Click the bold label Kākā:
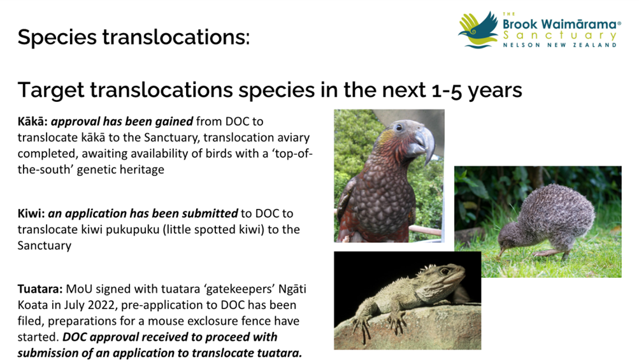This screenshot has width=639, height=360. [x=32, y=122]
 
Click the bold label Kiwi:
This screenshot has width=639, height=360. [x=31, y=213]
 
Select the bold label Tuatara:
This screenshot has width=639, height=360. [x=40, y=289]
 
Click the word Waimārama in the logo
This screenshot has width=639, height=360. [x=578, y=24]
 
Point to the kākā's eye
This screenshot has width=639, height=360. [x=399, y=128]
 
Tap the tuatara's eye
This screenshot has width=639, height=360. [x=445, y=271]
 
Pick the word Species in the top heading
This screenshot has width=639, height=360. [x=57, y=37]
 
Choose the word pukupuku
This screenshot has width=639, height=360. [x=133, y=230]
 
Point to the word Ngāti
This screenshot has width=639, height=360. [x=292, y=289]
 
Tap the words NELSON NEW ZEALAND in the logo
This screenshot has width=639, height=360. [x=560, y=45]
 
